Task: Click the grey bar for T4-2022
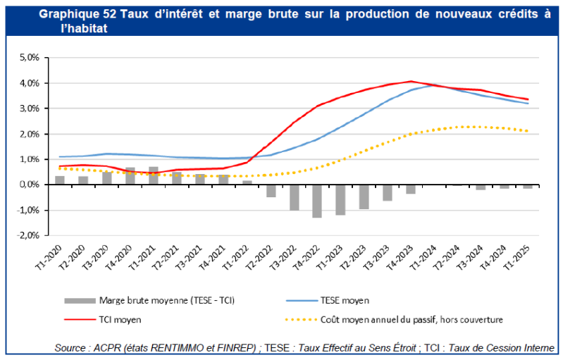tap(317, 201)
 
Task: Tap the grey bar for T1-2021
tap(154, 175)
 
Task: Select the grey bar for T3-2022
tap(294, 197)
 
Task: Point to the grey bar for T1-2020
tap(60, 180)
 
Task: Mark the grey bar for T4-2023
tap(410, 189)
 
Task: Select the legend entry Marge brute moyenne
tap(166, 299)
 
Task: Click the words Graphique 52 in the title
tap(72, 14)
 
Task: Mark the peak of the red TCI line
tap(412, 81)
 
